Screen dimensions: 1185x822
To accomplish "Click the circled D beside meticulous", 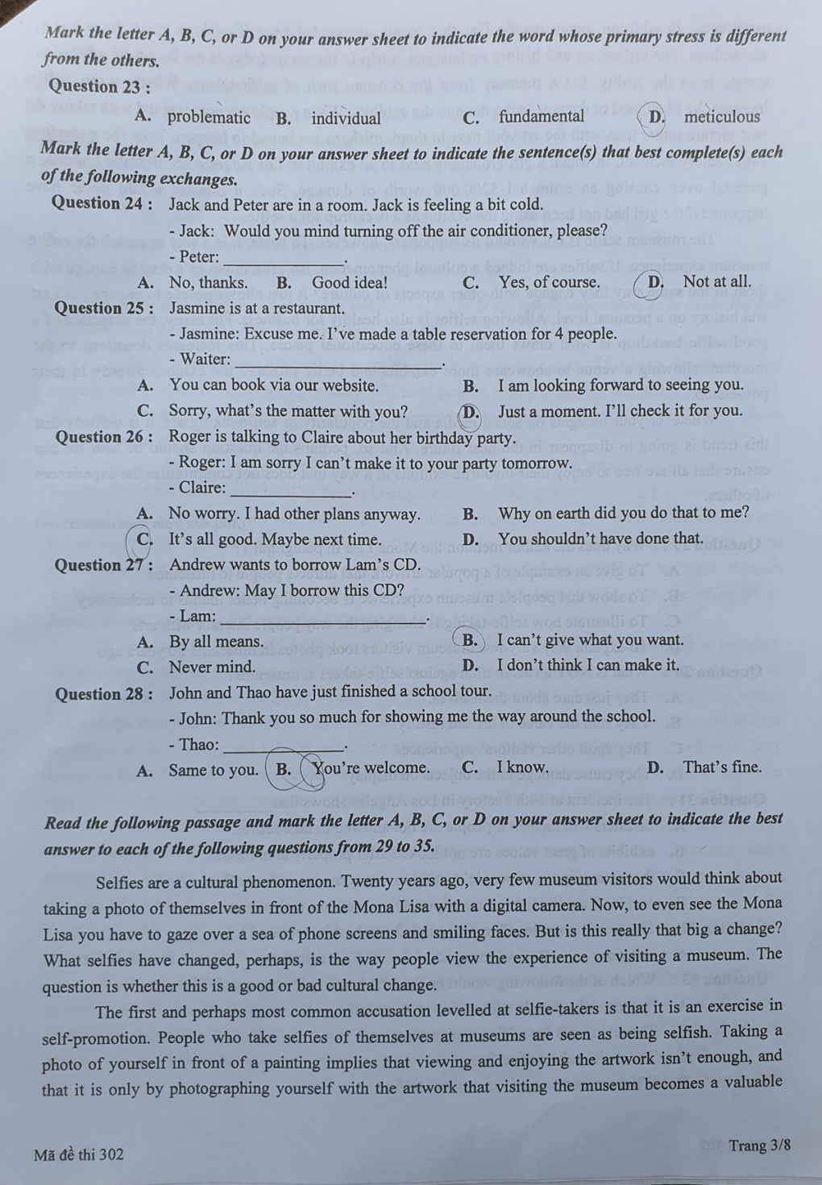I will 658,117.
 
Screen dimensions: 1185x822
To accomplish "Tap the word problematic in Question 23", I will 209,118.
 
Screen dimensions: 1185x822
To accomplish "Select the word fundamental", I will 541,116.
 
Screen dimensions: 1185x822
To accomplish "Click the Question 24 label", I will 102,203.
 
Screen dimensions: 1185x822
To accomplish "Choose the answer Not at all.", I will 716,281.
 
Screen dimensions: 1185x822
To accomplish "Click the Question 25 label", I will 104,308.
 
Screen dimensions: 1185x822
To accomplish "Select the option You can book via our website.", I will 273,385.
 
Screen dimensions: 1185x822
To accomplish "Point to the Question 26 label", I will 105,437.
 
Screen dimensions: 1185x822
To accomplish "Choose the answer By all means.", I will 216,642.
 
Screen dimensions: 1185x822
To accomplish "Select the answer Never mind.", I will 212,667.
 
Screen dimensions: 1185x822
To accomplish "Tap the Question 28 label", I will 104,694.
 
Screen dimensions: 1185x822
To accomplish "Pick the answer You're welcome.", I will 372,768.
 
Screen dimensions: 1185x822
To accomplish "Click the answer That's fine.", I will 722,767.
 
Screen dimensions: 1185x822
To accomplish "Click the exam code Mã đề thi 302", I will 79,1154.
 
